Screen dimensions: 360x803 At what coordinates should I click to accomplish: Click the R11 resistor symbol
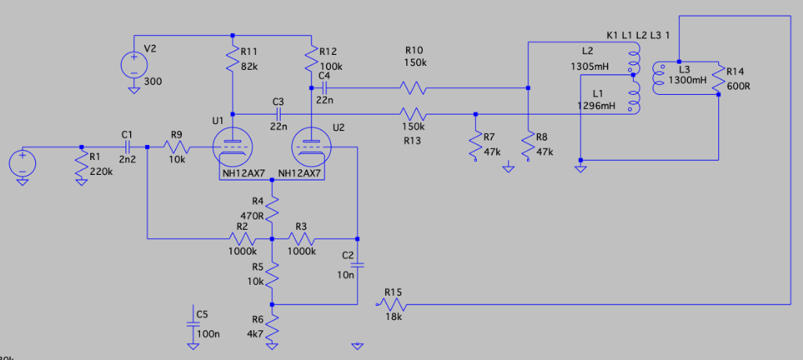[x=233, y=60]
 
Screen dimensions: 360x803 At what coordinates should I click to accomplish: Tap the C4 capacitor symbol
[x=323, y=87]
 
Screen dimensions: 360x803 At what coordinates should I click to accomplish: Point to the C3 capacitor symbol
[x=278, y=114]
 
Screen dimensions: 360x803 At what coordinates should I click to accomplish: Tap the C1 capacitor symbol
[x=127, y=147]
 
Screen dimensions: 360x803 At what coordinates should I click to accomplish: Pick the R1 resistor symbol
[x=82, y=163]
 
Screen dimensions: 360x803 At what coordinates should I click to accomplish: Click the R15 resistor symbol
[x=392, y=304]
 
